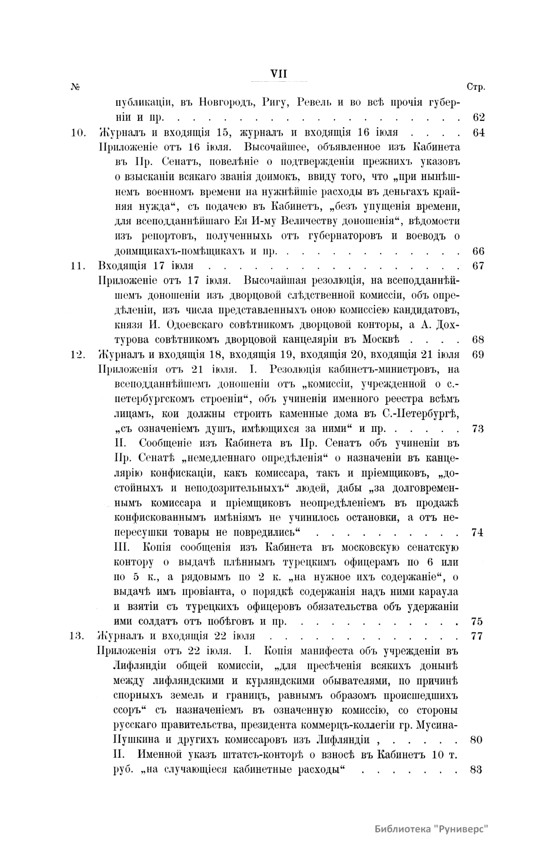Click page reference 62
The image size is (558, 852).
tap(478, 117)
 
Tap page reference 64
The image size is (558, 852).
tap(478, 132)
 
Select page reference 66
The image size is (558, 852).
tap(478, 251)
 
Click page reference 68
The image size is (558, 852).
tap(478, 340)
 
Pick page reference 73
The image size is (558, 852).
tap(478, 429)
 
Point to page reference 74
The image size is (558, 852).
tap(478, 533)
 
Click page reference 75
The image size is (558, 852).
tap(478, 621)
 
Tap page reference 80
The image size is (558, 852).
tap(477, 740)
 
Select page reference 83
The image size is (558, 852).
tap(477, 769)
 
